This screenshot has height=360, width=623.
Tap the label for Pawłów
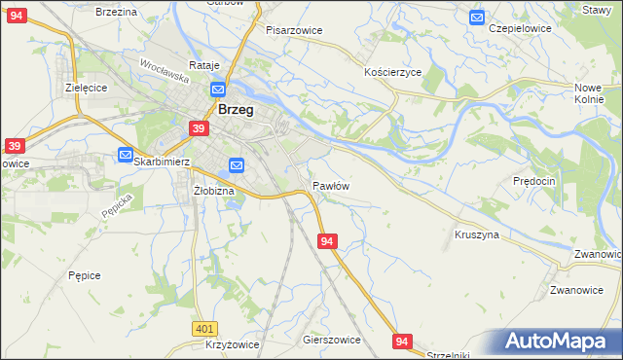click(331, 185)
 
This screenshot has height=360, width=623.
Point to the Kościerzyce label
click(392, 73)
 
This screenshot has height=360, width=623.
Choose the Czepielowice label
click(520, 28)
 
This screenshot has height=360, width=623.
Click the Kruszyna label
click(477, 234)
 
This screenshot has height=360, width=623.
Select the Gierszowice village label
click(332, 340)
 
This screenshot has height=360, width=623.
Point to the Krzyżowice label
click(232, 345)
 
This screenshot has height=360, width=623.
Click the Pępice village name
click(85, 275)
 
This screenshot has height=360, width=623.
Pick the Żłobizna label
click(214, 191)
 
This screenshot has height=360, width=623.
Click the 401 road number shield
click(203, 330)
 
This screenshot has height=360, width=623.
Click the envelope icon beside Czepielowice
click(476, 17)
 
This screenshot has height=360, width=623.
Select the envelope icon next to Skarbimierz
click(126, 155)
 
